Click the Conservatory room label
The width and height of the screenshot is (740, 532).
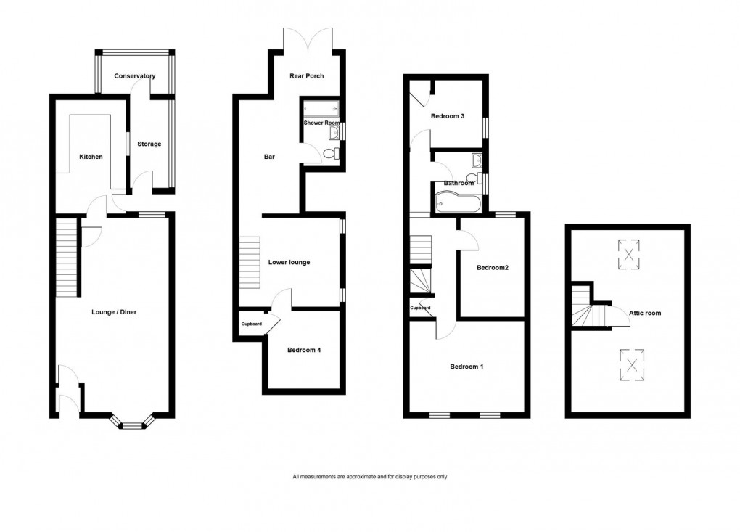[x=135, y=76]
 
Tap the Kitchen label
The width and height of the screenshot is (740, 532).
[x=91, y=157]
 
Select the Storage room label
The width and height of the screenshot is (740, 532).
[x=149, y=144]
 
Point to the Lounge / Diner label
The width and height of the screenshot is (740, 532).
[x=114, y=312]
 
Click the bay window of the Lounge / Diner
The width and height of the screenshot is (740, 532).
[x=131, y=422]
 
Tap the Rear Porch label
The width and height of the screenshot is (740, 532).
[x=306, y=76]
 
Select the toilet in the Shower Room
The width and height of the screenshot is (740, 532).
[x=331, y=155]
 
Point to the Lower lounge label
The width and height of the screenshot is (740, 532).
[x=289, y=262]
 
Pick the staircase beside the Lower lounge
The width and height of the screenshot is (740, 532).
[x=250, y=262]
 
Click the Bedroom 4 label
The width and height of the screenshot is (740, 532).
[x=303, y=350]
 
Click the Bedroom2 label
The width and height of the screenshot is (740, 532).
[x=492, y=268]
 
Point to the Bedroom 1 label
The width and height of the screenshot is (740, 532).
[x=466, y=367]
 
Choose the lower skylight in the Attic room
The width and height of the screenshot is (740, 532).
[x=633, y=364]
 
